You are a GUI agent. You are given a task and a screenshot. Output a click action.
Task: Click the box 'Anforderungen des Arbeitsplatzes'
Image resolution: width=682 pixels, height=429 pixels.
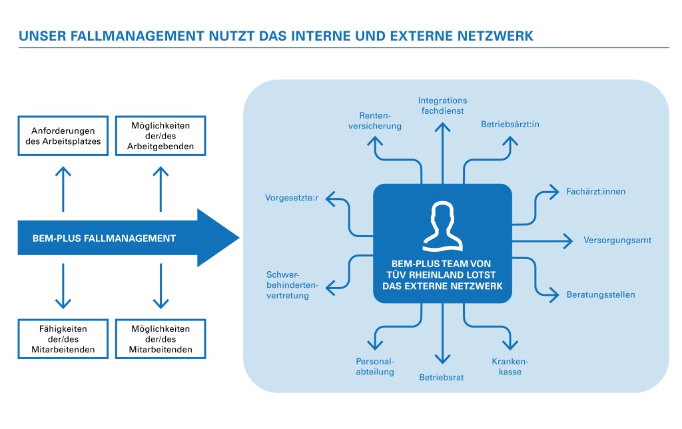(x=63, y=136)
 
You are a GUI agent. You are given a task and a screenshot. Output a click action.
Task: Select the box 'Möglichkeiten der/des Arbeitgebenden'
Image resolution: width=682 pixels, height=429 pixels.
(x=161, y=136)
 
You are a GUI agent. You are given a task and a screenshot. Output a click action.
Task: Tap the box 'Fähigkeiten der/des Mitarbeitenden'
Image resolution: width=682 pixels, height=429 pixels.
(x=63, y=339)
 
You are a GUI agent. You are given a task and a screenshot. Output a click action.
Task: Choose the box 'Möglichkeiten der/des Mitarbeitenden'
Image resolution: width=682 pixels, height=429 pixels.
(x=161, y=339)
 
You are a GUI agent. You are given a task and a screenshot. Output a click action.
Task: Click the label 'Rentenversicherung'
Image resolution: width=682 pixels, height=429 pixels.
(x=380, y=121)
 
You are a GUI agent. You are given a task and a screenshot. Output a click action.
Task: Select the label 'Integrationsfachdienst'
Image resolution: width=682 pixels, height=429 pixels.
(x=443, y=105)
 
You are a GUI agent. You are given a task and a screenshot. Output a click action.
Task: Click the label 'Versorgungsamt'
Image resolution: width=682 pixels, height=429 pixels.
(x=617, y=240)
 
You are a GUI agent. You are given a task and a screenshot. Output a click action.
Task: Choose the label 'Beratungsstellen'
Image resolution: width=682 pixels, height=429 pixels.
(x=601, y=294)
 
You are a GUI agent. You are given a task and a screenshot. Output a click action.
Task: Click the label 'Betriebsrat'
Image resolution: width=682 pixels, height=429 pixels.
(x=442, y=377)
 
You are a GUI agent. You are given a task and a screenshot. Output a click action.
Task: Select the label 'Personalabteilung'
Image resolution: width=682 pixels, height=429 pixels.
(x=375, y=366)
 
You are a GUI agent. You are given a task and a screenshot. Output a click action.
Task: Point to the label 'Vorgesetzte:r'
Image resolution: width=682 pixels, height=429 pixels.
(x=292, y=198)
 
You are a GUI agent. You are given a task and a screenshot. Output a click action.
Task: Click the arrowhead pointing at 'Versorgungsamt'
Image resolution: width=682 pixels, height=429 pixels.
(x=569, y=240)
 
